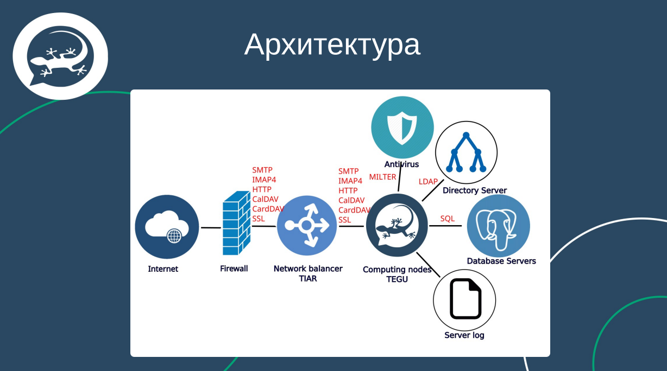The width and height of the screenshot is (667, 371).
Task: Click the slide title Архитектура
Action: pos(332,44)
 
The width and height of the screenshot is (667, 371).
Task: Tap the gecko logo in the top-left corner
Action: pos(60,56)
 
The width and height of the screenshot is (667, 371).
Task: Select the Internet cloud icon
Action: pos(167,227)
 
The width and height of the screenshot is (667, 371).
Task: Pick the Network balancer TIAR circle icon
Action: pos(307,226)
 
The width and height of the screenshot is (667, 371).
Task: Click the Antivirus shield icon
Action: pos(402,127)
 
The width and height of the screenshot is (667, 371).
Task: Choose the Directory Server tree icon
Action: pos(466,152)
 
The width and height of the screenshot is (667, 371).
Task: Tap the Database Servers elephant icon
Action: pos(498,226)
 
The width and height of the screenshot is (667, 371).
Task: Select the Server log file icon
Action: pos(464,299)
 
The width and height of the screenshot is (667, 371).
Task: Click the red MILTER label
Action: pos(383,177)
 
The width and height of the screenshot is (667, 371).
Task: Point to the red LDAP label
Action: pos(428,182)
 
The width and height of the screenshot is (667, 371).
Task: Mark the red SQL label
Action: pos(448,219)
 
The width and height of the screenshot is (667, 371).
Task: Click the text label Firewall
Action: pos(234,268)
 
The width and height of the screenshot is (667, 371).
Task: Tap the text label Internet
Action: pos(163,269)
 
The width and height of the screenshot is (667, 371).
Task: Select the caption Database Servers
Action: pos(501,261)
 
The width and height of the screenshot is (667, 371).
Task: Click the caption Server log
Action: pos(464,335)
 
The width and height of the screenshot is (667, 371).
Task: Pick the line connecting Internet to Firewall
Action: pos(211,228)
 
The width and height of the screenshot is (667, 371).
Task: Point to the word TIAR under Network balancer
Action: pos(307,278)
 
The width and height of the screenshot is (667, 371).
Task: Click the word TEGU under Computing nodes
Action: pos(397,279)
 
